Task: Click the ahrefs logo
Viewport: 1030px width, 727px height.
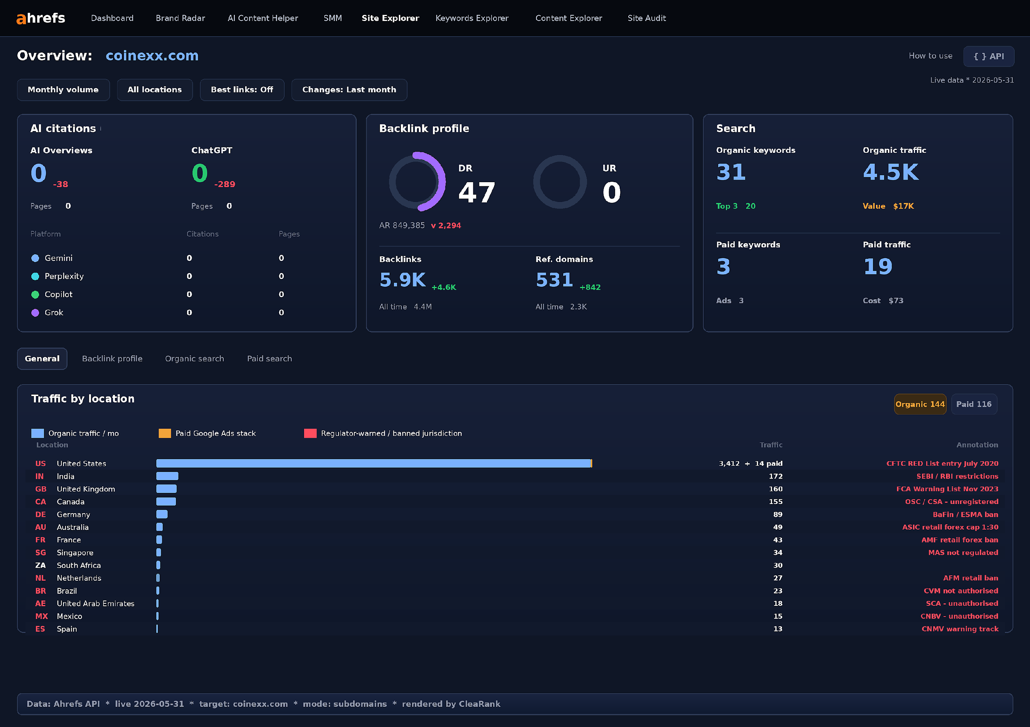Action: (x=41, y=18)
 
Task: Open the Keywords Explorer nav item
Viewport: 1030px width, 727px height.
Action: (x=472, y=18)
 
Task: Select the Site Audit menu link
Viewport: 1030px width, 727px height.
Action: (x=646, y=18)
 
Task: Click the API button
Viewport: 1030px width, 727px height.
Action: (x=988, y=56)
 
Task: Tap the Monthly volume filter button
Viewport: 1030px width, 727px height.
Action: (x=63, y=90)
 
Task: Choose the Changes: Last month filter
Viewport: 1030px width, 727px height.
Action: (x=349, y=90)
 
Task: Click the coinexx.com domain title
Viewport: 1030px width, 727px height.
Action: (x=152, y=56)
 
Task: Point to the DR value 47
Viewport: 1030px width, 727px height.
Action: (x=476, y=192)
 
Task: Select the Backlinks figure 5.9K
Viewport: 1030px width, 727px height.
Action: (x=403, y=280)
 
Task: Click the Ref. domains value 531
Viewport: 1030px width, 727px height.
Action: (x=554, y=280)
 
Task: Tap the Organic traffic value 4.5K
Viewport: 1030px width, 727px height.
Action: (x=890, y=172)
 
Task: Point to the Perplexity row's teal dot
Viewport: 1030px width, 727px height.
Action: (x=35, y=277)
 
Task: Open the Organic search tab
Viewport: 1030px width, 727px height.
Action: (x=194, y=359)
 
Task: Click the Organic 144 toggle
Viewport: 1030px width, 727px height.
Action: (x=920, y=404)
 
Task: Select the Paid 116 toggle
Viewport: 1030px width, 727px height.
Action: (x=974, y=404)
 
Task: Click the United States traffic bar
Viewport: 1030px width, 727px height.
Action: (x=374, y=464)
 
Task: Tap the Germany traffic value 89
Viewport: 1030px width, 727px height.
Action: (x=777, y=515)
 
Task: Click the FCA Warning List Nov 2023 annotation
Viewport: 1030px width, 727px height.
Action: (x=947, y=489)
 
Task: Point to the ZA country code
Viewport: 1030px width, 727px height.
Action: (x=40, y=565)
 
